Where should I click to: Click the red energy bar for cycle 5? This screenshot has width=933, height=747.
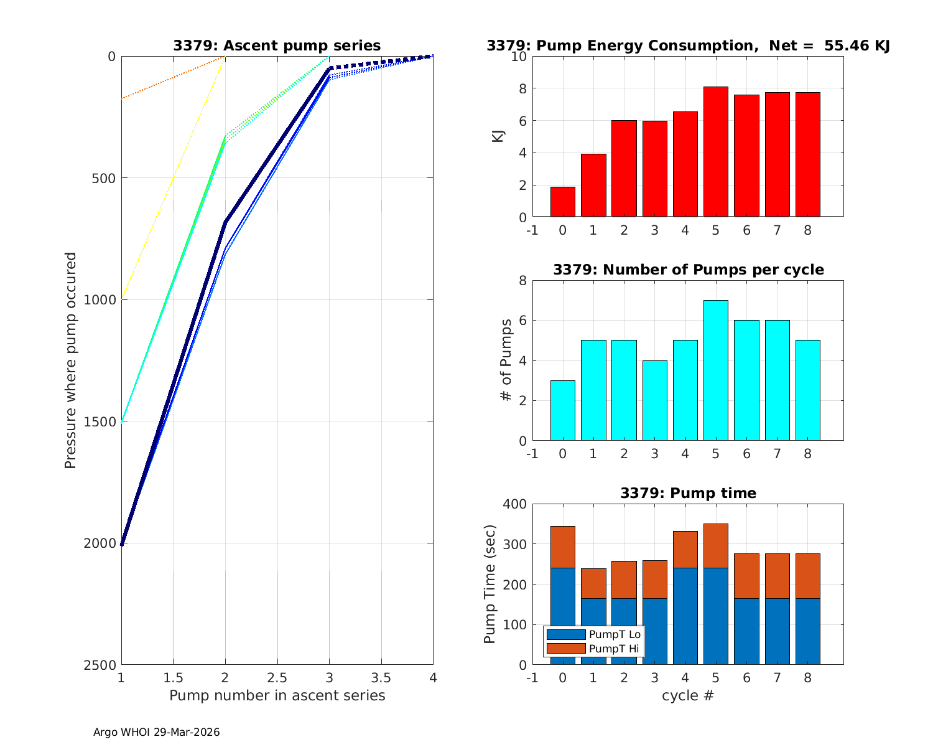(715, 152)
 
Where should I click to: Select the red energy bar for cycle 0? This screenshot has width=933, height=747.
(562, 202)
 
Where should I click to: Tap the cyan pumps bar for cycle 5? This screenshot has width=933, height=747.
(715, 370)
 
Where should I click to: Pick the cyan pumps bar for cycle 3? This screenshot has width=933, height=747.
(654, 400)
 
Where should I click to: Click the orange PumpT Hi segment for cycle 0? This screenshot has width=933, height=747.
(562, 547)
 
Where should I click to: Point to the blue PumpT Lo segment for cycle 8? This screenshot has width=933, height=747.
(807, 631)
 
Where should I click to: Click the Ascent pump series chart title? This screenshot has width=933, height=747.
(277, 45)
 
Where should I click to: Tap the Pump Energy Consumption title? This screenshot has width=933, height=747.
(688, 45)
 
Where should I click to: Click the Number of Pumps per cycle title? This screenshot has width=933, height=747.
(688, 270)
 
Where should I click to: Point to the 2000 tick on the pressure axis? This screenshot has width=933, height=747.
(100, 543)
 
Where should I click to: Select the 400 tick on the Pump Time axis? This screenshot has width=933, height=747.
(514, 504)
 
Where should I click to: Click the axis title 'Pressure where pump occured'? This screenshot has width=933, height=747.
(70, 360)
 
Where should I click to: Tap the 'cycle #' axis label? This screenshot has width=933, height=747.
(688, 695)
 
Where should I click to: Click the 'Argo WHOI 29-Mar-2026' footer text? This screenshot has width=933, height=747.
(156, 732)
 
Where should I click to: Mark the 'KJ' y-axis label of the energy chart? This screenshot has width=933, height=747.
(498, 136)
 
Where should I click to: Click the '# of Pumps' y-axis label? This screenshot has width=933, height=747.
(507, 360)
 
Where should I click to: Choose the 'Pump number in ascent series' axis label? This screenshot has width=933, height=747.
(277, 695)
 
